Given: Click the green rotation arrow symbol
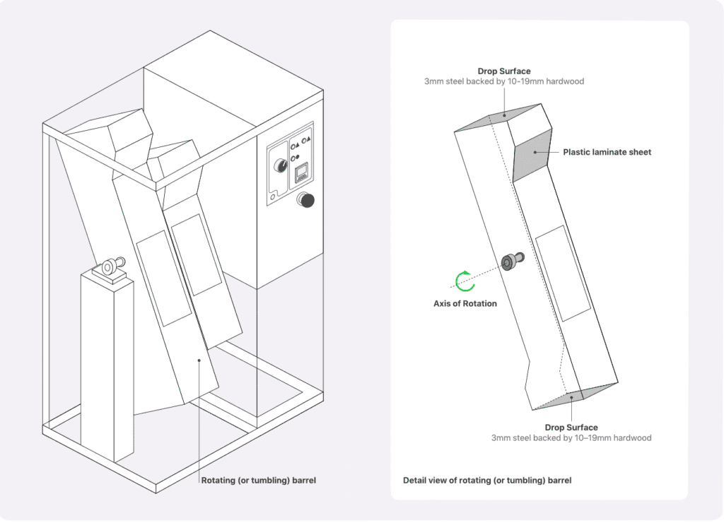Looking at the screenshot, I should [465, 281].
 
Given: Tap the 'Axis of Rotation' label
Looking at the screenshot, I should [465, 304].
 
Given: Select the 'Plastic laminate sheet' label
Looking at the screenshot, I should [607, 152].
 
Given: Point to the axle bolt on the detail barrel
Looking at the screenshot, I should [511, 261].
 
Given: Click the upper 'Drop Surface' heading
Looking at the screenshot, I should [503, 71].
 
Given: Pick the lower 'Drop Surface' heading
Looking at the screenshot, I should [571, 428].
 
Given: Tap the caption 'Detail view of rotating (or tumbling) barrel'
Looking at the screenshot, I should [486, 481].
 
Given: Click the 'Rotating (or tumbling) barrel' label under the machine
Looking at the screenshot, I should [258, 481].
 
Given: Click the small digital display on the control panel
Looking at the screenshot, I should [302, 172].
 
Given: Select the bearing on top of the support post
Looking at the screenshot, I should [110, 267].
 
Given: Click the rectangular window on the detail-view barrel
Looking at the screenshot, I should [563, 271].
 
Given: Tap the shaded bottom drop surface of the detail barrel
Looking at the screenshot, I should [573, 398].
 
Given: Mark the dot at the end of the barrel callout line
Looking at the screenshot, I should [200, 360].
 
